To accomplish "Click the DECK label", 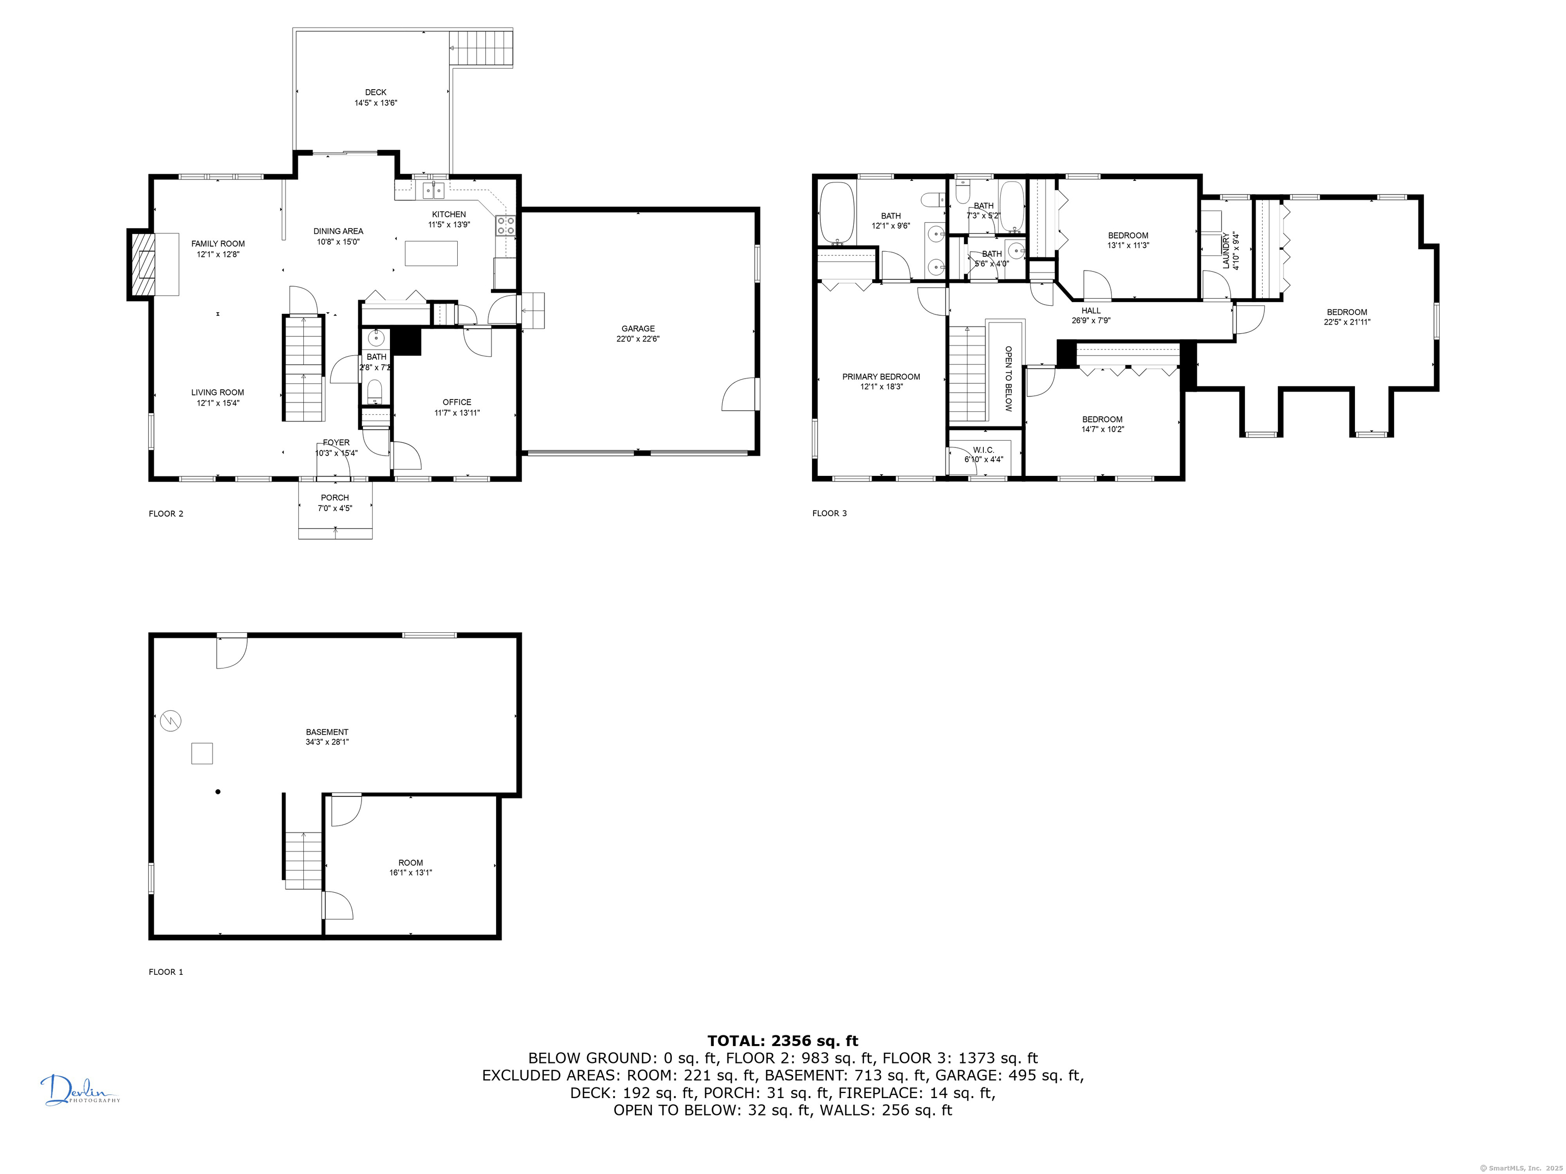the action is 376,92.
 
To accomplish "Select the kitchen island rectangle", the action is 431,253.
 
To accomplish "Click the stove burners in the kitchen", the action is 506,225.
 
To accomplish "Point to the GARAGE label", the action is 638,328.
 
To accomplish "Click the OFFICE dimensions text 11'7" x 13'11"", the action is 457,413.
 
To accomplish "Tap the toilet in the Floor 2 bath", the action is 375,390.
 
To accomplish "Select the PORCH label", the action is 335,497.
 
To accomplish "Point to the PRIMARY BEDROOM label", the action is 881,377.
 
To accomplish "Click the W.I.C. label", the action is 983,449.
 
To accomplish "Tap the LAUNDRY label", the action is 1225,251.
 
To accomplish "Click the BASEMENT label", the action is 327,732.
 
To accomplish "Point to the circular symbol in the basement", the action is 171,721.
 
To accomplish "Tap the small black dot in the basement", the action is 218,791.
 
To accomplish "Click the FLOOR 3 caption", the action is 829,513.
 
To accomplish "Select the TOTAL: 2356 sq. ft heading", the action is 782,1040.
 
